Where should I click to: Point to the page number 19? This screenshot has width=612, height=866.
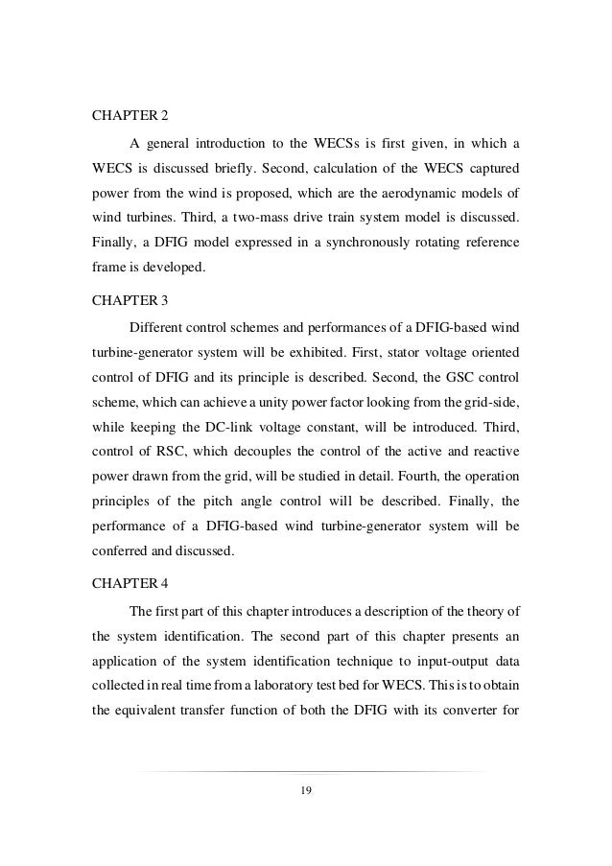point(306,789)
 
